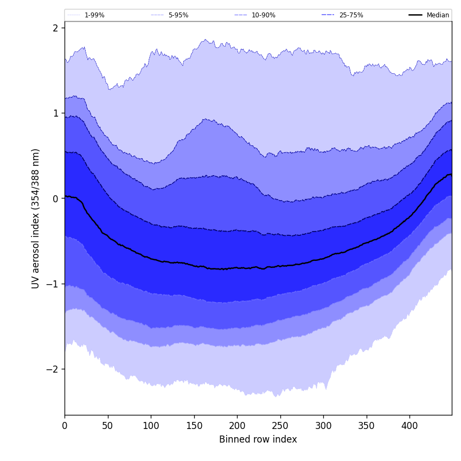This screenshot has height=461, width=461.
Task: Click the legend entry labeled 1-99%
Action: click(94, 15)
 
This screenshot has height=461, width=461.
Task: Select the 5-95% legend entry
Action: click(178, 15)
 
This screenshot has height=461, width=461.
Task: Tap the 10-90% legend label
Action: click(263, 15)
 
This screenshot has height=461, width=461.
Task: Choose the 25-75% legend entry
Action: click(351, 15)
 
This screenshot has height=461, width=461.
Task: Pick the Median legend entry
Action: click(438, 15)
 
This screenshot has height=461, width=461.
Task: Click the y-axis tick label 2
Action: click(55, 28)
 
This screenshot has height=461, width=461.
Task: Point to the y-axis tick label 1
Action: click(55, 113)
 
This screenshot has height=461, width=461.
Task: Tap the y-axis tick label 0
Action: click(55, 199)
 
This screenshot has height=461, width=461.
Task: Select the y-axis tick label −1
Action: click(52, 284)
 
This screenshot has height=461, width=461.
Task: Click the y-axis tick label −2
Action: click(52, 369)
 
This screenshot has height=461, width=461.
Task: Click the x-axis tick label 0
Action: click(65, 426)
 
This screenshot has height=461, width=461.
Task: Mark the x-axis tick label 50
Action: click(108, 426)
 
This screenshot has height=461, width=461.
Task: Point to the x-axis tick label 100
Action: click(151, 426)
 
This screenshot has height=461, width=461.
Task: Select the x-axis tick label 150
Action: click(194, 426)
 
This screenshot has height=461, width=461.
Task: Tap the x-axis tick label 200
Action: click(237, 426)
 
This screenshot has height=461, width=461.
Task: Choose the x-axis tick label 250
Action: click(280, 426)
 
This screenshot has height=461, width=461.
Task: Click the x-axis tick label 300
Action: click(323, 426)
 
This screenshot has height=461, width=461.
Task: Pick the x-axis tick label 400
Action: click(409, 426)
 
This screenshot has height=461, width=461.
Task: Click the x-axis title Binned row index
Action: click(258, 439)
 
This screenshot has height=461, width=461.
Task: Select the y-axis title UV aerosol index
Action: click(36, 218)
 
